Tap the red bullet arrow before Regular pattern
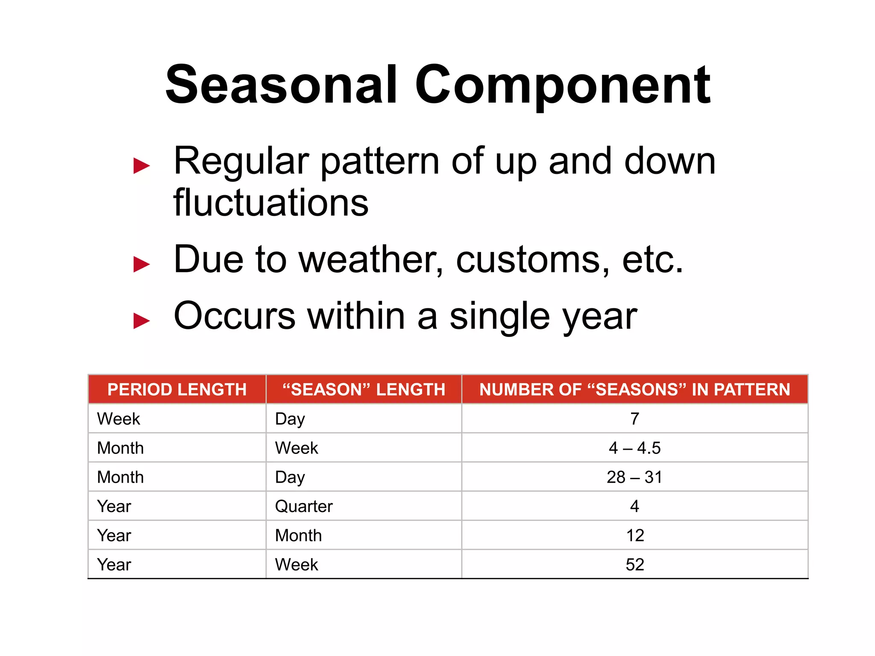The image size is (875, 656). pos(141,166)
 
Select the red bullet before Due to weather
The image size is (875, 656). pos(141,264)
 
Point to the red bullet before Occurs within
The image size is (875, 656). pos(141,321)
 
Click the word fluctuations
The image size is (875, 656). pos(270,202)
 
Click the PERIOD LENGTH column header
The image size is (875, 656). pos(177,389)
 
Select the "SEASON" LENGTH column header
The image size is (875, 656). pos(364,389)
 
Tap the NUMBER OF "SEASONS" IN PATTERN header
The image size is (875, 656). pos(634,389)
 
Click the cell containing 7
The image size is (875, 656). pos(634,419)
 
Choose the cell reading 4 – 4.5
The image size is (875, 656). pos(634,448)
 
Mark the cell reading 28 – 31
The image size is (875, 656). pos(634,477)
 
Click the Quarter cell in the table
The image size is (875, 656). pos(304,507)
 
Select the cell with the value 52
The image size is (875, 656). pos(634,565)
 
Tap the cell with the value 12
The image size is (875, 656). pos(634,536)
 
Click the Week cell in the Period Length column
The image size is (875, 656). pos(118,419)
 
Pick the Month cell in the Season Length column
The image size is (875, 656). pos(298,536)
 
